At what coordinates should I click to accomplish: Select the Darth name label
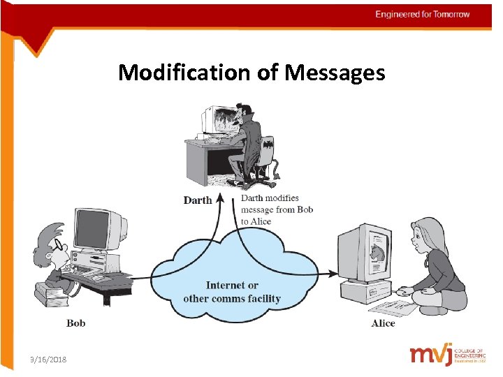pos(197,200)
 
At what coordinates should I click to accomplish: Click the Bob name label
pos(75,323)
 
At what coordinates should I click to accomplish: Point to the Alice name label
pos(383,323)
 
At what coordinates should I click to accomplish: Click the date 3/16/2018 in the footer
pos(48,359)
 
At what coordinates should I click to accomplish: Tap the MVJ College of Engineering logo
pos(448,355)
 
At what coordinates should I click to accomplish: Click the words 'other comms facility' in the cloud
pos(232,299)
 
